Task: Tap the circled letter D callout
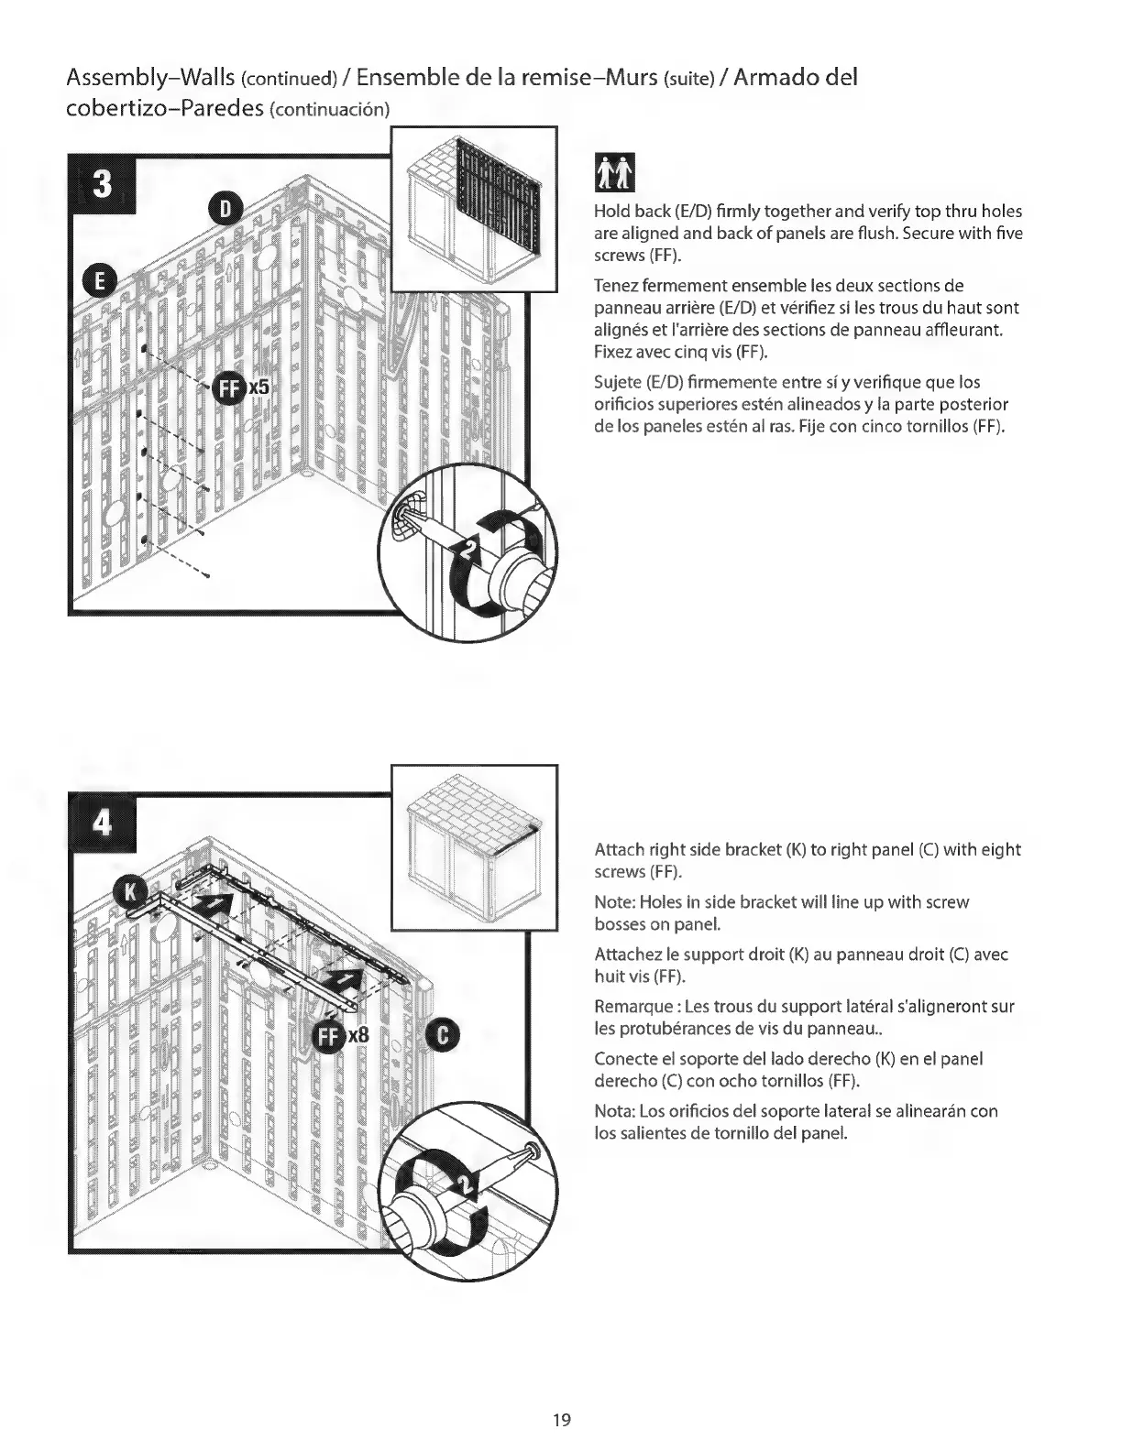[x=226, y=209]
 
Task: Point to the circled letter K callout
[x=129, y=890]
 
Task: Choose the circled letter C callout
[x=443, y=1035]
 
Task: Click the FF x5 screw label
[x=242, y=388]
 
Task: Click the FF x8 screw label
[x=341, y=1036]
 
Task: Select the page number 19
[x=562, y=1421]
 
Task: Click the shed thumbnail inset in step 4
[x=474, y=846]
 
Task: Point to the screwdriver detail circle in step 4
[x=469, y=1195]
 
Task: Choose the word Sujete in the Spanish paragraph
[x=619, y=382]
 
